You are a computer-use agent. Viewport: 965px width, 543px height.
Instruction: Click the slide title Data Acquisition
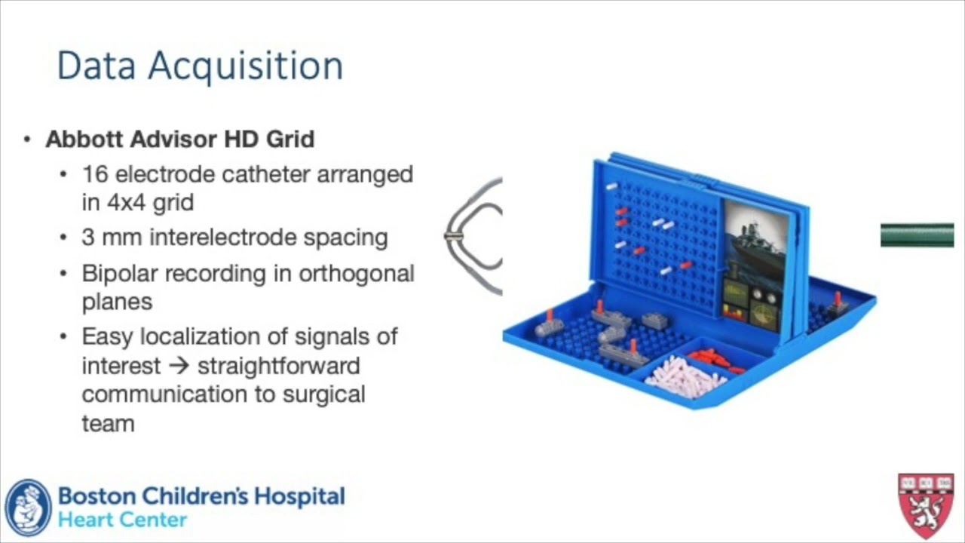coord(200,66)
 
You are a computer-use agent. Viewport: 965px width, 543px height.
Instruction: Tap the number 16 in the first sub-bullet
coord(95,174)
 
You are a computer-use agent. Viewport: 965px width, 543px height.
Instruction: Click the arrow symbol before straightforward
coord(177,367)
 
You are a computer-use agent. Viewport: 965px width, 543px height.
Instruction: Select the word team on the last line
coord(108,423)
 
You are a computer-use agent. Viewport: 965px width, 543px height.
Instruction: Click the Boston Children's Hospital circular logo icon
coord(28,508)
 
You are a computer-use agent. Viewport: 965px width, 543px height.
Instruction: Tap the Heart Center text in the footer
coord(122,520)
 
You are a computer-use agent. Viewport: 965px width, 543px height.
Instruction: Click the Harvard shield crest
coord(926,506)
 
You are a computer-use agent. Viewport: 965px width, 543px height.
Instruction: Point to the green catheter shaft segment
coord(917,235)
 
